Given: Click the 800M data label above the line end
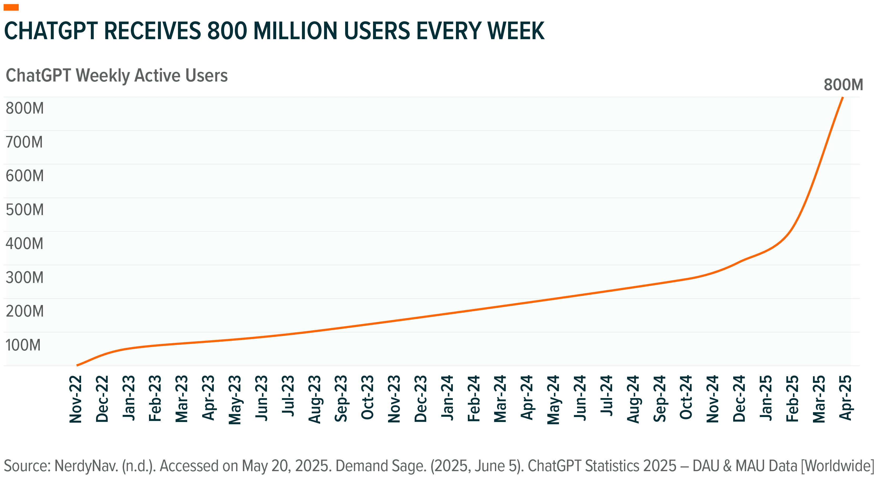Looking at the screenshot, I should (x=843, y=85).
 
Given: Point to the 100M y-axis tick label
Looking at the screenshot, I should (x=23, y=345).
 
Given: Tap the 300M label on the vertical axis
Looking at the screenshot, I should (x=24, y=277).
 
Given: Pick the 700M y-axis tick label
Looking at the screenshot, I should (x=24, y=142).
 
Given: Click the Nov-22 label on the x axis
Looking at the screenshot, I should (x=76, y=399).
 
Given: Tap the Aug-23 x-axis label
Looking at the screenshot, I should (x=315, y=399).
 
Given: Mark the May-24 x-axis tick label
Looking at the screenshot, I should (x=553, y=400).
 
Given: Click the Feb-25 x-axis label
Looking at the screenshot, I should (x=792, y=398).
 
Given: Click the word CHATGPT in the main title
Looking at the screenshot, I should (x=51, y=31).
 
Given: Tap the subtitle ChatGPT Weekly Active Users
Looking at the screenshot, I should (x=117, y=75).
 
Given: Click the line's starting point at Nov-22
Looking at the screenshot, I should (x=77, y=365).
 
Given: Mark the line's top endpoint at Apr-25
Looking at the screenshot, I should (x=842, y=98).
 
